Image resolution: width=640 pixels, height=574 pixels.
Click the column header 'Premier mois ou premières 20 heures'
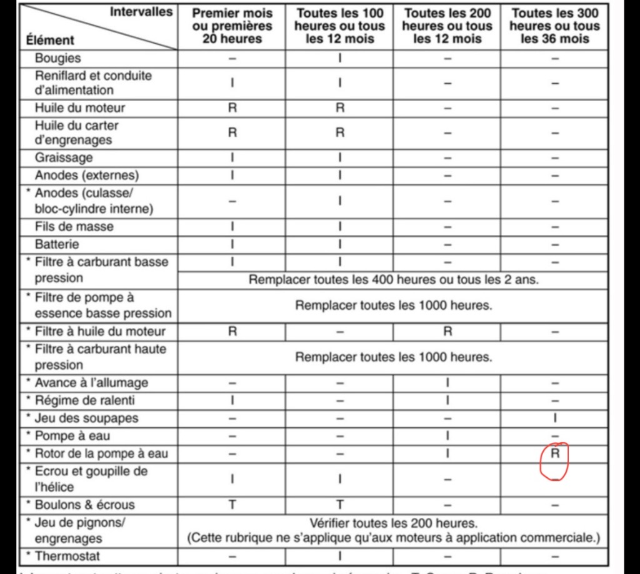pos(232,26)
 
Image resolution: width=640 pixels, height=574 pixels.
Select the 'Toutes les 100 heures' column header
pos(340,26)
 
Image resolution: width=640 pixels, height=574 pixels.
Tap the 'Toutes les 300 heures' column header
pos(554,26)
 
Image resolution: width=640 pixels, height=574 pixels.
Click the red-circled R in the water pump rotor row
pos(555,454)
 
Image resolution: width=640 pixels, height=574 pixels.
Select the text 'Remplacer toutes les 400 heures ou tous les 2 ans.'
pos(393,279)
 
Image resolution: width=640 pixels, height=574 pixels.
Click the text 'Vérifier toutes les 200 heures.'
pos(393,523)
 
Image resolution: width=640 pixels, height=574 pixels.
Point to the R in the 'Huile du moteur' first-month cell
pos(232,107)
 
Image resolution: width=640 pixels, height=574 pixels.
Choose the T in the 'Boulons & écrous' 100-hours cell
pos(340,505)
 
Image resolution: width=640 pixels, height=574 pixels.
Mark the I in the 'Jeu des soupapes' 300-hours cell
pos(555,418)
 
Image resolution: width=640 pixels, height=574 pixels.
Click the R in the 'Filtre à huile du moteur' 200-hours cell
pos(447,332)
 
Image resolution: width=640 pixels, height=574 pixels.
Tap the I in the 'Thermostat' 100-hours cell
pos(340,555)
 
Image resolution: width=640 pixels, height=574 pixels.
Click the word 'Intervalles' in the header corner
pos(141,11)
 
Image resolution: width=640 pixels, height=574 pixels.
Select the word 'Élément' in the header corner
pos(50,40)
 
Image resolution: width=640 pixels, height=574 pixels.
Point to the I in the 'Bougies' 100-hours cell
pos(340,58)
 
